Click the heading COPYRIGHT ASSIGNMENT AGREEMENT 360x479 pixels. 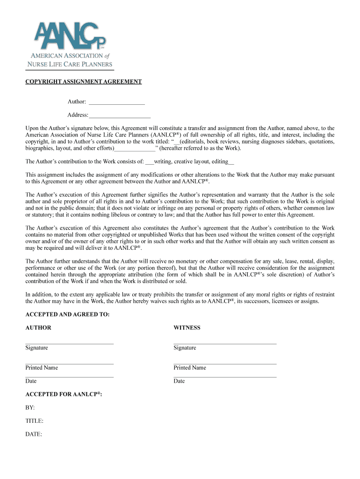click(83, 81)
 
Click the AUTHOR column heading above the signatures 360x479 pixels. click(38, 328)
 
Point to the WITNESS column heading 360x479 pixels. click(187, 328)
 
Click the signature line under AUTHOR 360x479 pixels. click(69, 344)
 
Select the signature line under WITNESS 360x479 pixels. click(225, 344)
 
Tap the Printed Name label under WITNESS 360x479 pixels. click(189, 368)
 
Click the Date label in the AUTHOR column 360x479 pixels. click(31, 381)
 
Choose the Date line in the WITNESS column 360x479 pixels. click(225, 377)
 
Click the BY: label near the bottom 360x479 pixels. click(30, 408)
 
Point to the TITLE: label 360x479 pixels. click(34, 421)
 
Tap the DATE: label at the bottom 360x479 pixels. click(34, 435)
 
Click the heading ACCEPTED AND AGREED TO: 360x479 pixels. click(67, 315)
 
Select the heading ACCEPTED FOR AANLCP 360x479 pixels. click(64, 394)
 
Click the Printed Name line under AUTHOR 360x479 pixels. click(69, 363)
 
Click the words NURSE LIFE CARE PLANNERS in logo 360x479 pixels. click(70, 64)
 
